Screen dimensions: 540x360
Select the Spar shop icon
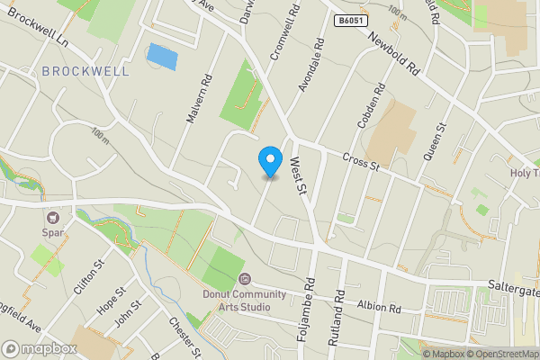(53, 217)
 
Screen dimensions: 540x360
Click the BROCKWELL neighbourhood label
(85, 70)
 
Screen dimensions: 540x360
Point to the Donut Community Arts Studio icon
(244, 280)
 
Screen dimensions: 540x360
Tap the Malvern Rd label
(199, 100)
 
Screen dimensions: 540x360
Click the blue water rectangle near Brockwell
(162, 56)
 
